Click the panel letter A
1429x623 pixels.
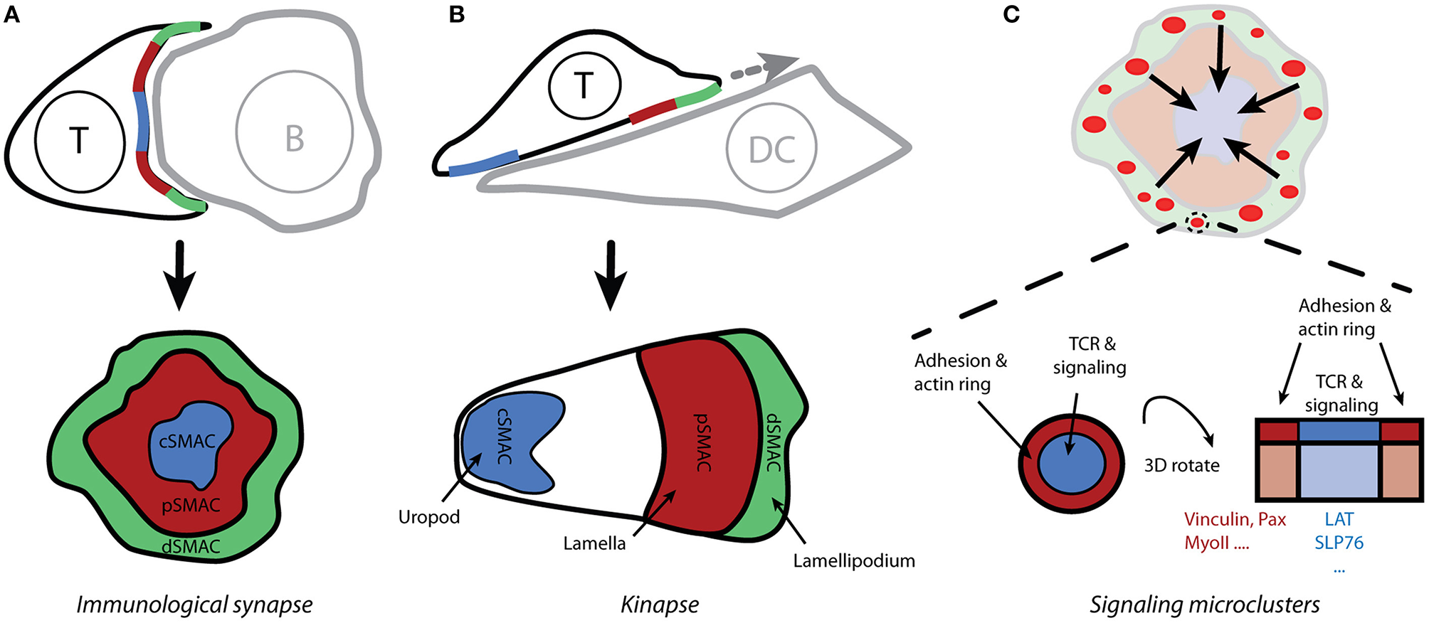pyautogui.click(x=11, y=14)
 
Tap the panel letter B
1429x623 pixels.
pyautogui.click(x=457, y=14)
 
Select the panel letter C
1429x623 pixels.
pyautogui.click(x=1011, y=14)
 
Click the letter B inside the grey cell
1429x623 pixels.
pyautogui.click(x=295, y=139)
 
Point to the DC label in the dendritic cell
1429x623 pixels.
pyautogui.click(x=771, y=150)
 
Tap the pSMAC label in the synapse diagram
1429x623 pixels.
pyautogui.click(x=191, y=506)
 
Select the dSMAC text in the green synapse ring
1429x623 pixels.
pyautogui.click(x=191, y=546)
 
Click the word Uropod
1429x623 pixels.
pyautogui.click(x=429, y=517)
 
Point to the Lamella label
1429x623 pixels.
pyautogui.click(x=594, y=544)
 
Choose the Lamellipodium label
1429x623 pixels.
pyautogui.click(x=854, y=561)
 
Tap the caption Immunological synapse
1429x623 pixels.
pyautogui.click(x=194, y=605)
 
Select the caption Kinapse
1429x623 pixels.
pyautogui.click(x=660, y=605)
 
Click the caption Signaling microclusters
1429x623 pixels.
pyautogui.click(x=1205, y=605)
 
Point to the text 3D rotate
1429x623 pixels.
pyautogui.click(x=1181, y=466)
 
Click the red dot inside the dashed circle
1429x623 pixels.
pyautogui.click(x=1198, y=223)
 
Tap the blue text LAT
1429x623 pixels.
pyautogui.click(x=1339, y=520)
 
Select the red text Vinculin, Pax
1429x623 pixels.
pyautogui.click(x=1235, y=520)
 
